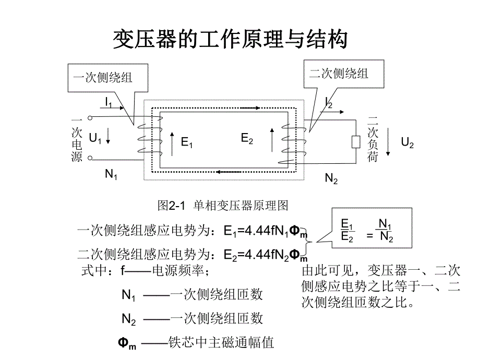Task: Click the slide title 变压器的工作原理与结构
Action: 230,40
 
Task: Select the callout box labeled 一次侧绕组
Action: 102,78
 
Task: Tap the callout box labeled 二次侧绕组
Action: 339,74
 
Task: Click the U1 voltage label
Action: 95,138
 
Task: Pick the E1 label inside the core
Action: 187,142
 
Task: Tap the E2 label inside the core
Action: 247,138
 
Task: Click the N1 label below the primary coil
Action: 111,174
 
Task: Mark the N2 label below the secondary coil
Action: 331,179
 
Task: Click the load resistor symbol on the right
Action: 356,141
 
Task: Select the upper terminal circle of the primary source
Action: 90,118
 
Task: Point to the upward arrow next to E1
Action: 173,143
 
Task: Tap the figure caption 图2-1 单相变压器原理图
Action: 223,206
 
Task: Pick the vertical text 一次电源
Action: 77,138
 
